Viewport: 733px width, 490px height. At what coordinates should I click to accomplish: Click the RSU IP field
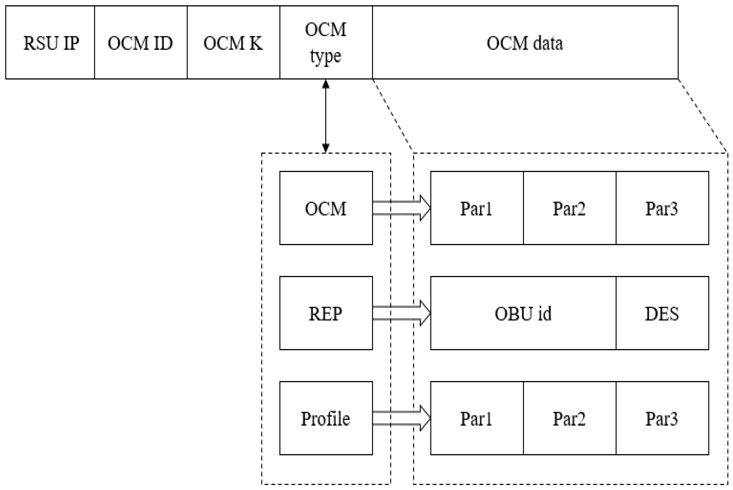[x=50, y=43]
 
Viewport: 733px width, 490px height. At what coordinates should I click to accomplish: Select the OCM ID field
[x=140, y=43]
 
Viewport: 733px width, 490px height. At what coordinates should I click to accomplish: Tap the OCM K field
[x=233, y=43]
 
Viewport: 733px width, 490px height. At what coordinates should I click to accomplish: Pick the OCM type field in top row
[x=326, y=43]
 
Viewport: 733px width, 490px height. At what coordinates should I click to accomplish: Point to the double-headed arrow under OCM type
[x=326, y=116]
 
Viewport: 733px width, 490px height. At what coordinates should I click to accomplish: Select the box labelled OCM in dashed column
[x=326, y=208]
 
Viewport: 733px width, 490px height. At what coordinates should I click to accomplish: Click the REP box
[x=326, y=313]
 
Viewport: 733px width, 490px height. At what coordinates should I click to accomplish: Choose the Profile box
[x=326, y=418]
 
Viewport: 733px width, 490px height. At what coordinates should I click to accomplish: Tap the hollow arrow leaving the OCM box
[x=402, y=208]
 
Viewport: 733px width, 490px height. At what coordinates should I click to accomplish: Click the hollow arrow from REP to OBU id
[x=402, y=313]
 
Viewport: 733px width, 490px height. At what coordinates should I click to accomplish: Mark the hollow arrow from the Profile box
[x=402, y=418]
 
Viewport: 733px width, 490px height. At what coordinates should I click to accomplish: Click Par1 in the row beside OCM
[x=476, y=208]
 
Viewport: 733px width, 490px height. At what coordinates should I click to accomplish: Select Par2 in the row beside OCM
[x=569, y=208]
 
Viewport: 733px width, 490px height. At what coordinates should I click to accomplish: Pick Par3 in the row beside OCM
[x=662, y=208]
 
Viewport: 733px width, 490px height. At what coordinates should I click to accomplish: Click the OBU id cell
[x=523, y=313]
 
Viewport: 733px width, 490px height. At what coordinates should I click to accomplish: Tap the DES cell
[x=662, y=313]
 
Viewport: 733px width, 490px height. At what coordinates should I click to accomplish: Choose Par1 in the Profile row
[x=476, y=418]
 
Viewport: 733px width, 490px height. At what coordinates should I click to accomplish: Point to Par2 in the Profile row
[x=569, y=418]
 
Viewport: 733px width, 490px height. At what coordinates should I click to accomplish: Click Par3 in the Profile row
[x=662, y=418]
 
